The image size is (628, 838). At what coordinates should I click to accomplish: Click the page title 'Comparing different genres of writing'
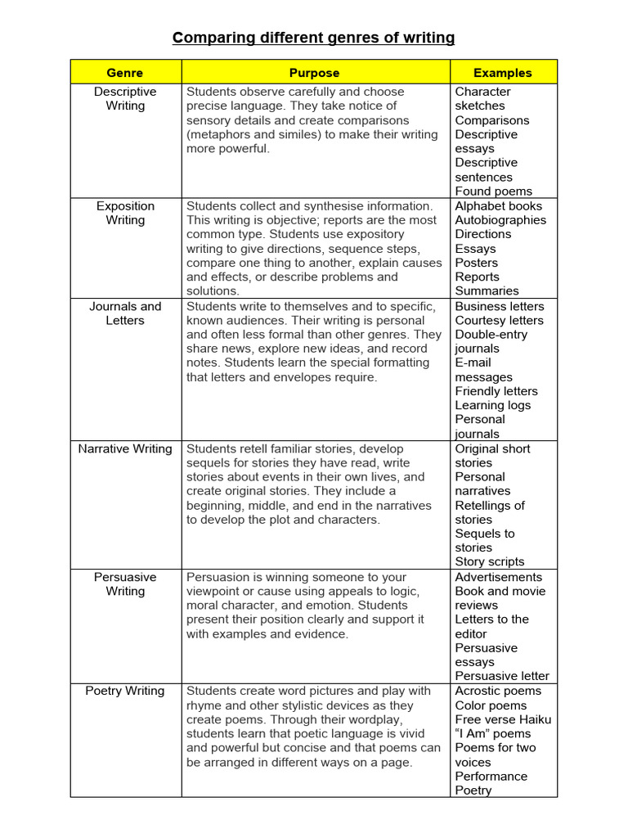[313, 38]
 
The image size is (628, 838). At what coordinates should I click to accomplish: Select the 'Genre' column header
[125, 73]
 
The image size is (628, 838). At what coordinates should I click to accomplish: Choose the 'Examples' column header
[503, 73]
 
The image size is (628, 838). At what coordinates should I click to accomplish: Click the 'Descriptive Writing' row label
[125, 99]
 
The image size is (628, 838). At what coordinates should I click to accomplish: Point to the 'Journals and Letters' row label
[125, 313]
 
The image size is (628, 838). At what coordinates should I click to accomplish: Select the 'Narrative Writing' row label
[125, 448]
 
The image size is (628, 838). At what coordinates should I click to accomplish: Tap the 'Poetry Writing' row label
[125, 691]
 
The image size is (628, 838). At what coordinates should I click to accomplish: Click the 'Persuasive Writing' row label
[125, 583]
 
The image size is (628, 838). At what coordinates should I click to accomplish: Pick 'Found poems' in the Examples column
[493, 191]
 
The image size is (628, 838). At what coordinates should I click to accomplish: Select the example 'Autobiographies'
[500, 220]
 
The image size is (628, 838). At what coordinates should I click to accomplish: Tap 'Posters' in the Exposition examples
[476, 263]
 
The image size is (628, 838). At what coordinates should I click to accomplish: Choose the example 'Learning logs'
[492, 405]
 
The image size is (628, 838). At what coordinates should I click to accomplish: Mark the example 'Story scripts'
[490, 561]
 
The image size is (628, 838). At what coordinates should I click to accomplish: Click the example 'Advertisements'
[499, 577]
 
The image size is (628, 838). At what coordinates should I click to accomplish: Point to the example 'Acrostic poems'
[498, 691]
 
